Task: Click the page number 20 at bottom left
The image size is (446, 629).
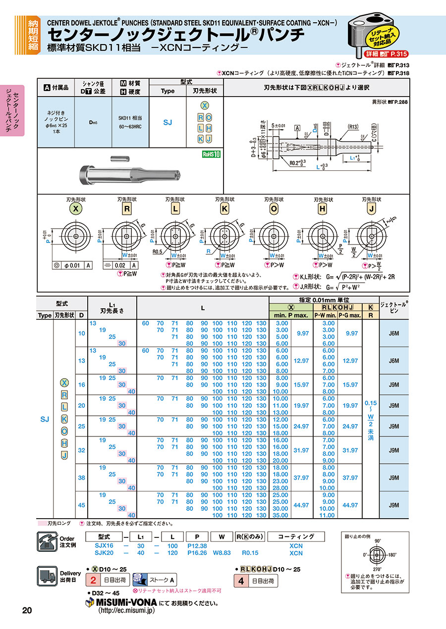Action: (x=27, y=610)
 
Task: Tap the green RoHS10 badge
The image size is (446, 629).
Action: (x=211, y=154)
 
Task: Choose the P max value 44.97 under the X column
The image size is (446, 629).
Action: (x=301, y=505)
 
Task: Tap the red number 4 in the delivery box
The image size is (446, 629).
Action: (x=241, y=581)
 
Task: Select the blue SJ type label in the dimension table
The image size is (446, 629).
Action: (x=45, y=419)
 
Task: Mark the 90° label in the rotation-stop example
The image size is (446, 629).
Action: (x=378, y=541)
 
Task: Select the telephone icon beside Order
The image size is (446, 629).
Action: (x=48, y=541)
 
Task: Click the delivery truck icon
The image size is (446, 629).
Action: (x=48, y=576)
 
